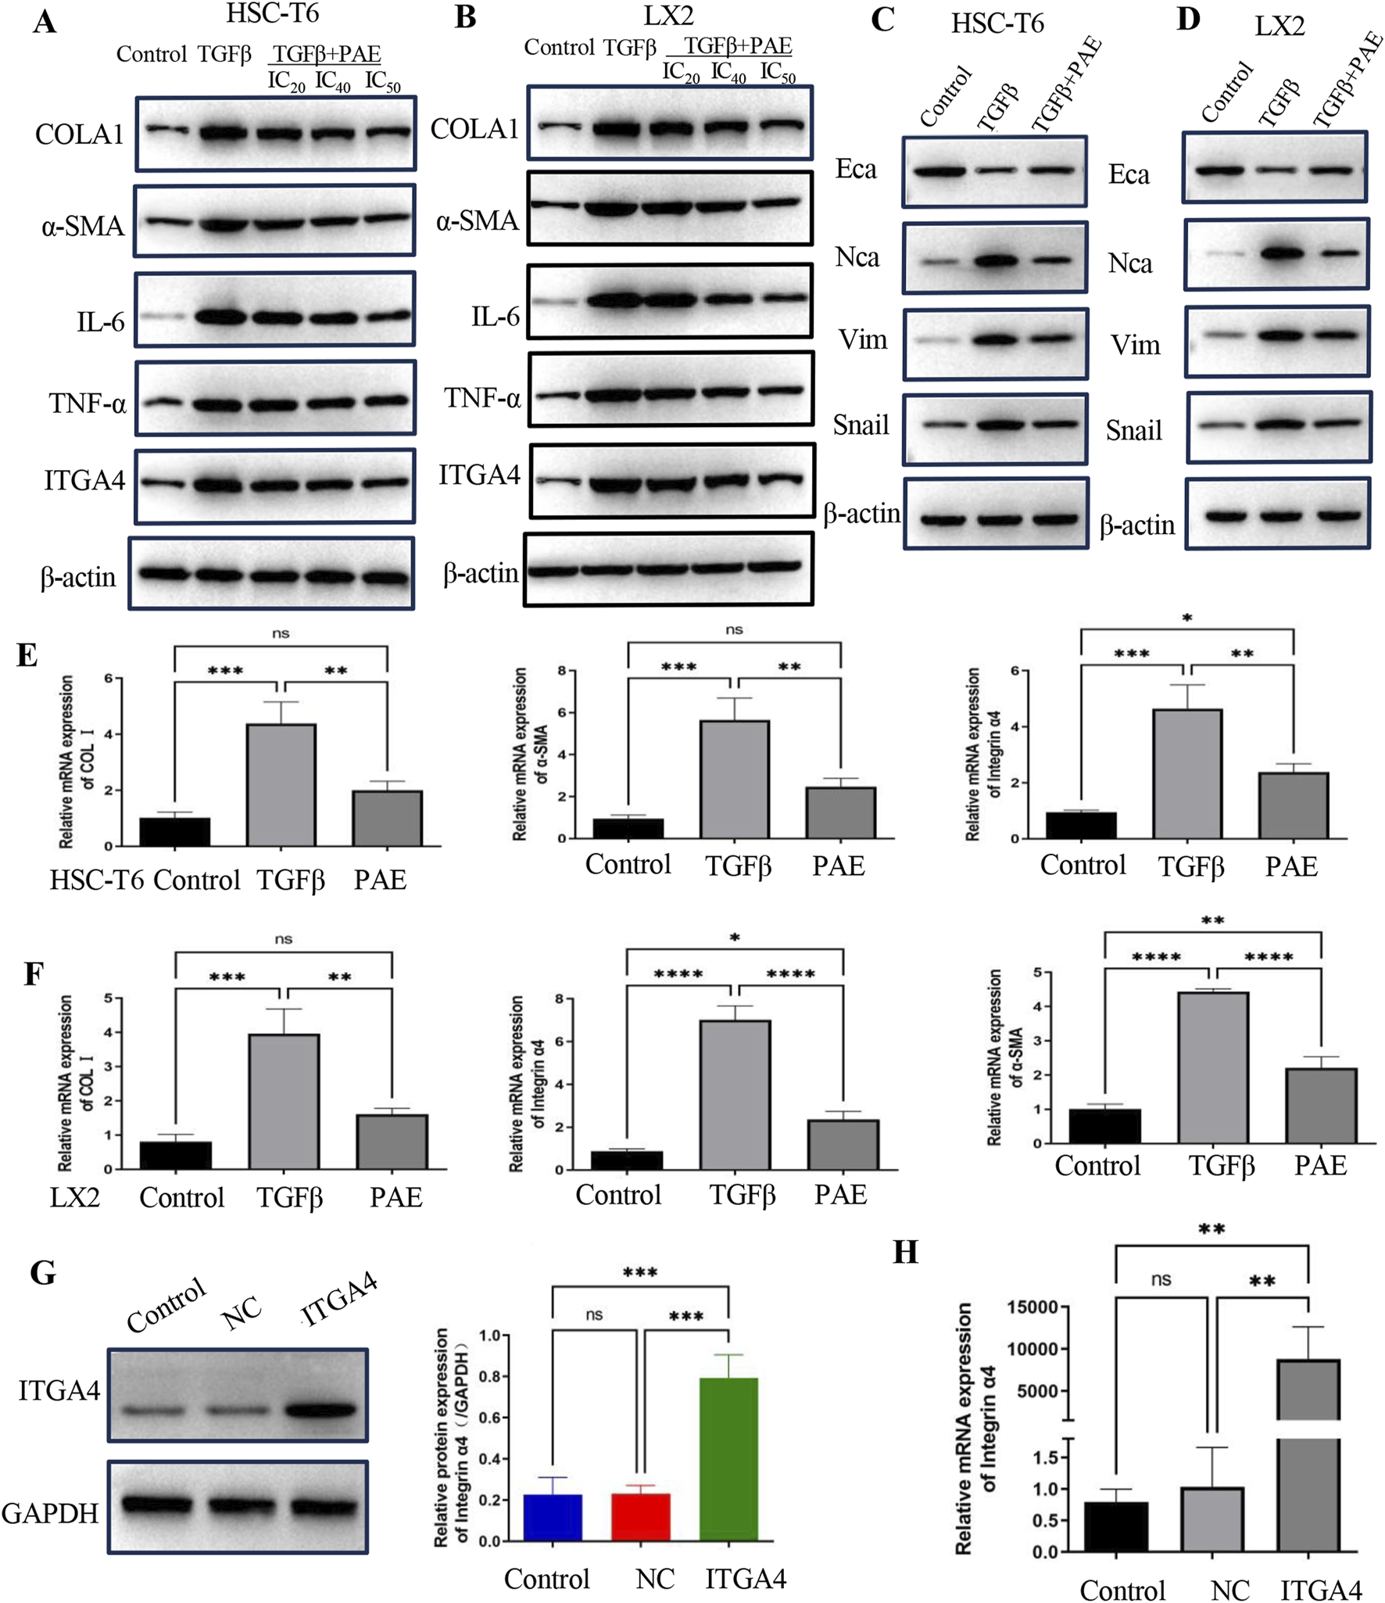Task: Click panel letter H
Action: coord(905,1253)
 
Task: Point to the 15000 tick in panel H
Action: coord(1032,1307)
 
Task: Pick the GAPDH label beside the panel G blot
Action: coord(50,1513)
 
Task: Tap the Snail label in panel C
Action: coord(861,425)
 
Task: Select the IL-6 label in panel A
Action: coord(100,321)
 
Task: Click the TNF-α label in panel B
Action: coord(482,398)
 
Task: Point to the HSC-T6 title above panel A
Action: coord(272,13)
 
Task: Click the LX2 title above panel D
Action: coord(1279,26)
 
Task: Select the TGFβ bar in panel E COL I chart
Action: coord(281,784)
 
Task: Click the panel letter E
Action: coord(27,654)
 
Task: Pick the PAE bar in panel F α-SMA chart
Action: coord(1321,1105)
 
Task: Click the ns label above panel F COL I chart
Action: coord(283,938)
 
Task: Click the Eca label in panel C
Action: coord(856,169)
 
